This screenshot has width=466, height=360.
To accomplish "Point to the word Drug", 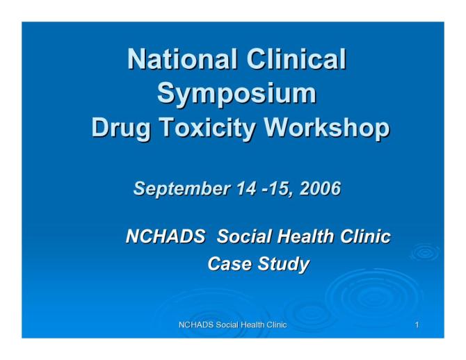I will coord(120,129).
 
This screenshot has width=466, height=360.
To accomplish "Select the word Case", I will coord(230,264).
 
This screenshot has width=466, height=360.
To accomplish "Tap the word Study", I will coord(286,264).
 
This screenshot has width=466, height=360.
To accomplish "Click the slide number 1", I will coord(415,325).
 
